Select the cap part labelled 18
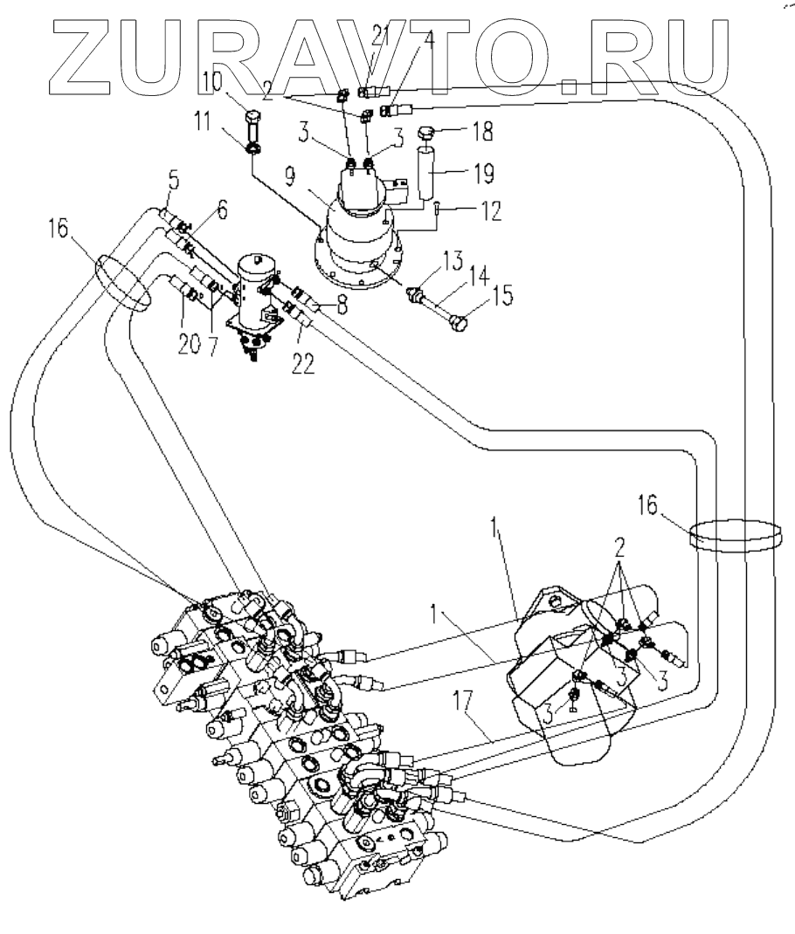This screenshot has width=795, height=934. [427, 134]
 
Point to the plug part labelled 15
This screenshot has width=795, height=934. [454, 323]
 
